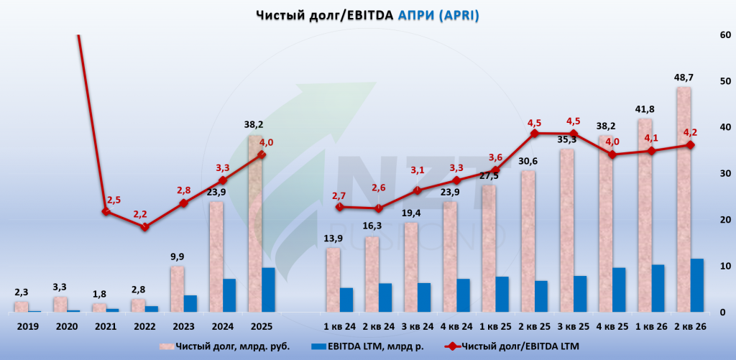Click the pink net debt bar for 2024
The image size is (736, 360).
click(216, 257)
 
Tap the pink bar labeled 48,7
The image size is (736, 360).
click(684, 200)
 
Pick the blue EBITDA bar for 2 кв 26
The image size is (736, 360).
click(696, 285)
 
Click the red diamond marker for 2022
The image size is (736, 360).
click(145, 226)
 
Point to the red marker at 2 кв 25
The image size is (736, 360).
click(535, 134)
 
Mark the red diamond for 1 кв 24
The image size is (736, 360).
click(340, 206)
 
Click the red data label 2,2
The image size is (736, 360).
click(140, 215)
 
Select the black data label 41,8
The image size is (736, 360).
click(645, 109)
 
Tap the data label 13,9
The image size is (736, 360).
click(333, 239)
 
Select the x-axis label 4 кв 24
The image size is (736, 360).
click(456, 326)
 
